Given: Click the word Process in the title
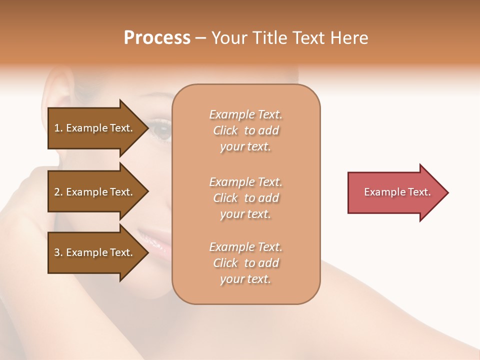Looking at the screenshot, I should (157, 38).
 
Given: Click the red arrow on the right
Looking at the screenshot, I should (395, 192).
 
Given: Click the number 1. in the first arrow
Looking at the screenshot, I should (58, 128).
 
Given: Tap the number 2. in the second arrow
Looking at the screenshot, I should (58, 192).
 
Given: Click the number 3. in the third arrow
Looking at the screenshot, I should (58, 252).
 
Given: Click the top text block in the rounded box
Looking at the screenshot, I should (245, 130).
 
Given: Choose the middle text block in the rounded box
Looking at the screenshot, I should (245, 197).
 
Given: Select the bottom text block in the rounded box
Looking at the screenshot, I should (245, 263).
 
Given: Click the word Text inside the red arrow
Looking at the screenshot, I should (419, 192).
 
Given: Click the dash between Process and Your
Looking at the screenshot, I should (200, 38).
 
